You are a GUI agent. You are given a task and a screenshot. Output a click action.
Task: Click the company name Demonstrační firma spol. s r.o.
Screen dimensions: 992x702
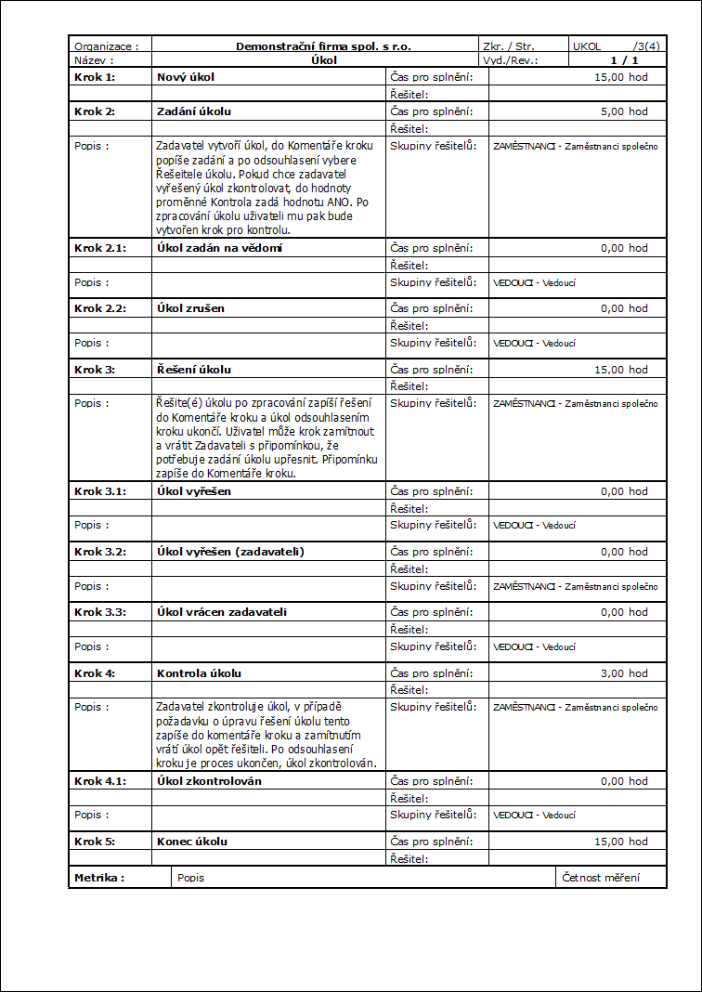click(323, 46)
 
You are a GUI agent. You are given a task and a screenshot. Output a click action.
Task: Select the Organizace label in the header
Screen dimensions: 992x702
click(106, 46)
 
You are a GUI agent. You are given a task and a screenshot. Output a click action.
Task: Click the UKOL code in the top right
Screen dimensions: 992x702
click(588, 46)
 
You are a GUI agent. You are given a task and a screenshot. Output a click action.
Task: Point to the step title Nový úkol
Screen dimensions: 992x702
click(186, 76)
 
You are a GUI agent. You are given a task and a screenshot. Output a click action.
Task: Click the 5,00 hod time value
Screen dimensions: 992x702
click(624, 111)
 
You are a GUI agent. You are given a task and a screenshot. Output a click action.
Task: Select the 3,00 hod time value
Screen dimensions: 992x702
click(624, 673)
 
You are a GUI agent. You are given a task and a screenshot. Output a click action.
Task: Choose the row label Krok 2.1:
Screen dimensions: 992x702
click(99, 248)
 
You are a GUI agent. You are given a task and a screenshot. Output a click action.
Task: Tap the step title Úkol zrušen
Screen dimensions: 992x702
click(190, 308)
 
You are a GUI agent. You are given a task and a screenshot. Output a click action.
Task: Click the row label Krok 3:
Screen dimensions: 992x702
click(94, 370)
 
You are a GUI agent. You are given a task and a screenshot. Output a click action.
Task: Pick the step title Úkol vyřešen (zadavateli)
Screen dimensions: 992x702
click(230, 552)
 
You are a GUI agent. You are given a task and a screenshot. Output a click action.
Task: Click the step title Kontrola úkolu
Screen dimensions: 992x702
click(199, 673)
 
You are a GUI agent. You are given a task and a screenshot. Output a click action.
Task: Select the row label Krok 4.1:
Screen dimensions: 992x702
click(99, 781)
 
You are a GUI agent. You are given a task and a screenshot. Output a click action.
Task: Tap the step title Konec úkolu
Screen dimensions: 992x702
click(192, 842)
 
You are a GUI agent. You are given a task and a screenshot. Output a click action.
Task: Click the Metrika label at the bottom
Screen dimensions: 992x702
click(98, 877)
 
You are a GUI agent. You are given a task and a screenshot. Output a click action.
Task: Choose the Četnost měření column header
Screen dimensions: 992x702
click(601, 877)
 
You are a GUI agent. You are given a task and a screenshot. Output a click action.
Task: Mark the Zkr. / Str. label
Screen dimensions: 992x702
click(508, 46)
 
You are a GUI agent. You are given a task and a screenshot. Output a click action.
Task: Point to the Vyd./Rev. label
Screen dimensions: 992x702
click(510, 59)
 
